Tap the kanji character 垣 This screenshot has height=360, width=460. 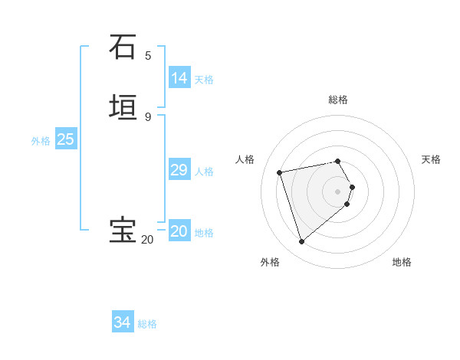point(123,107)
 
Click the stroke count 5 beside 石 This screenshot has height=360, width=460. point(148,55)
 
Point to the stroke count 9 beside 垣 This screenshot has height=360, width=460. point(148,116)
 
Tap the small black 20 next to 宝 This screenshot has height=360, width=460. point(146,240)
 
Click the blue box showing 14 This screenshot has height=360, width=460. point(179,78)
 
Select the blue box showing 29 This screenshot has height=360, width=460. point(179,170)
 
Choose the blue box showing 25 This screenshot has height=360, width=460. point(65,139)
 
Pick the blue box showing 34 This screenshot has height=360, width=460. point(122,323)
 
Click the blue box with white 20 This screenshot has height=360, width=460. point(179,231)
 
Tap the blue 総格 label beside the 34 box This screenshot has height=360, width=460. point(147,324)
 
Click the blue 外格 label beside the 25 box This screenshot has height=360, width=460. point(41,141)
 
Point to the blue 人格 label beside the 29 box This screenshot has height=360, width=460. point(205,172)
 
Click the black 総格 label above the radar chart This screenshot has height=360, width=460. point(338,100)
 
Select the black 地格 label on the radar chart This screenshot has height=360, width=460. point(402,262)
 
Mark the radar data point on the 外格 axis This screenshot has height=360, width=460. point(301,242)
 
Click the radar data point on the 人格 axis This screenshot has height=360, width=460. point(280,172)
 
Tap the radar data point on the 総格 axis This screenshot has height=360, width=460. point(338,161)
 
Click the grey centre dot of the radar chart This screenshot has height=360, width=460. point(338,191)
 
